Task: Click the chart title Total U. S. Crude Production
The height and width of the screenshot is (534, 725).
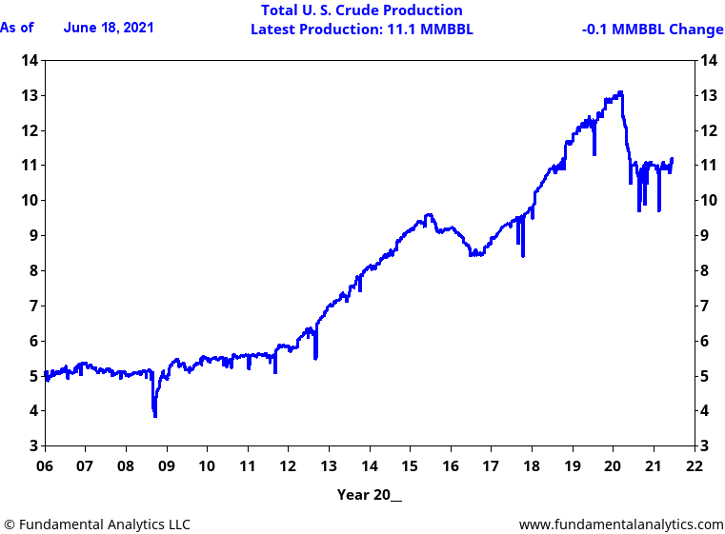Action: click(361, 10)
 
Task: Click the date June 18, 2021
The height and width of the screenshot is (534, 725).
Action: click(108, 28)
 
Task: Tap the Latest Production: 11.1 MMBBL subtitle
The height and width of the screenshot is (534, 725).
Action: click(361, 30)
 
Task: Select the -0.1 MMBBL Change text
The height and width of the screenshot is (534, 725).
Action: click(652, 30)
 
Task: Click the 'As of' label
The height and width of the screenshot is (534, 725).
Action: click(17, 28)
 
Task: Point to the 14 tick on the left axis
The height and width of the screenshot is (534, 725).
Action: click(30, 61)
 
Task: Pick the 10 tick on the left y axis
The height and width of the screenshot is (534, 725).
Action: click(30, 201)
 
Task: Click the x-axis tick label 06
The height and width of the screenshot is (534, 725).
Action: click(45, 466)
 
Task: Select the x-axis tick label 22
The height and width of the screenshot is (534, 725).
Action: click(695, 466)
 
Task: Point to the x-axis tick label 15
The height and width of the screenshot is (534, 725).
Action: click(410, 466)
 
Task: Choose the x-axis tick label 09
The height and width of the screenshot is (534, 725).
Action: click(167, 466)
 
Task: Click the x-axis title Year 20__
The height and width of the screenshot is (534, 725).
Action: click(370, 495)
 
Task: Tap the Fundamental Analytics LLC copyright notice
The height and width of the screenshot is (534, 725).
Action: click(96, 524)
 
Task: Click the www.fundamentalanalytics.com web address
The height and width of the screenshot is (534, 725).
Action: click(620, 524)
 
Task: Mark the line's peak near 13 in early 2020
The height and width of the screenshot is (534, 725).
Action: click(620, 92)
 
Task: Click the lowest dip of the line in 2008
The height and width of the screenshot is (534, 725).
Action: click(154, 416)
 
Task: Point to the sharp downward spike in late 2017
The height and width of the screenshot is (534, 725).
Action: click(522, 256)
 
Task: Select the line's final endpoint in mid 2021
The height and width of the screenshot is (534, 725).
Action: click(672, 159)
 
